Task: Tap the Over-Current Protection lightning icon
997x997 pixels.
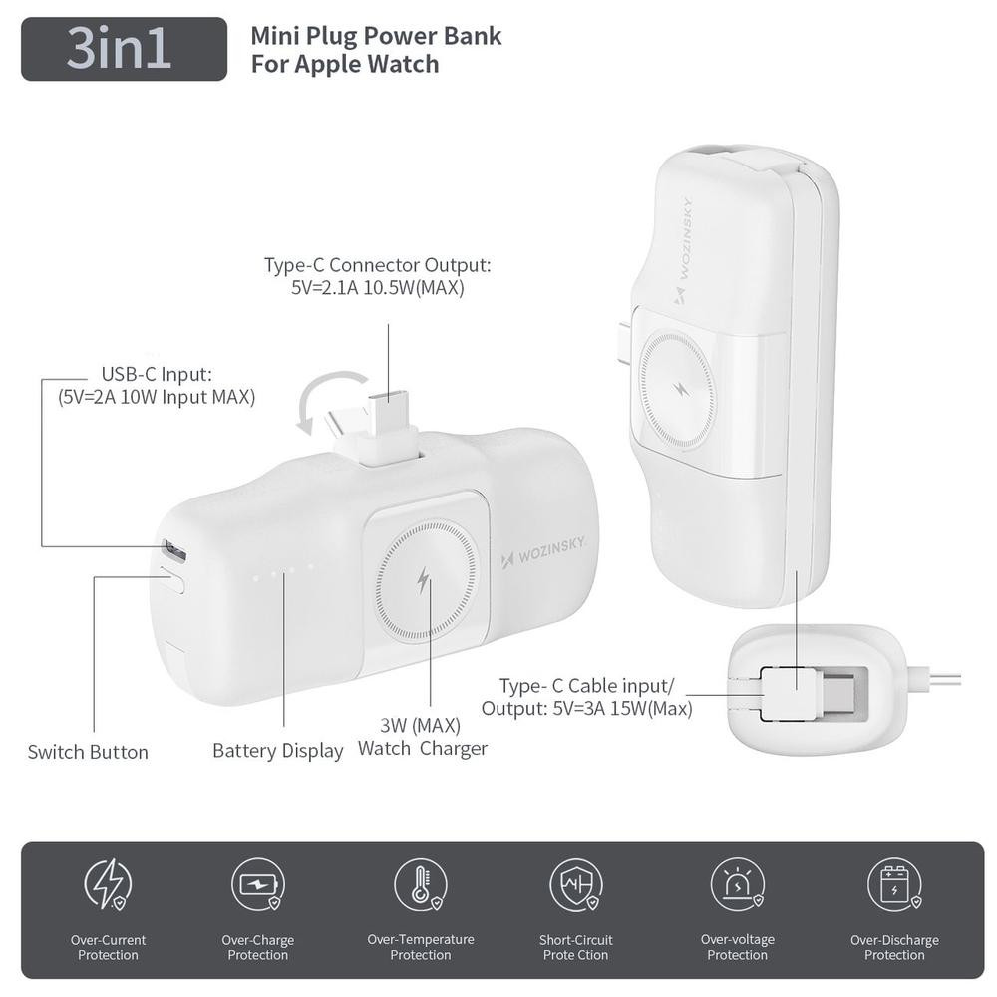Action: tap(108, 883)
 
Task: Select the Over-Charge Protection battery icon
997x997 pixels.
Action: tap(257, 883)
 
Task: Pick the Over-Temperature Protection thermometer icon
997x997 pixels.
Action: tap(421, 883)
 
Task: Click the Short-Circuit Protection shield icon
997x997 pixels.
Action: tap(576, 883)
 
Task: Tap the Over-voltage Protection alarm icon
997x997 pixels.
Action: tap(738, 883)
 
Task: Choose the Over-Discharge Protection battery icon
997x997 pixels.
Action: tap(895, 883)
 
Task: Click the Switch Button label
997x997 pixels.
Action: tap(88, 752)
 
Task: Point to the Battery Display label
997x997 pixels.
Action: tap(278, 751)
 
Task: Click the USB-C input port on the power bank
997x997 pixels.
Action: tap(172, 550)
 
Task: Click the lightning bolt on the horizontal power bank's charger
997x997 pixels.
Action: tap(423, 580)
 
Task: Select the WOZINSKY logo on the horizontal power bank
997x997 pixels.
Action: tap(542, 552)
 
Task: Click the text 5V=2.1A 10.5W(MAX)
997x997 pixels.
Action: tap(378, 288)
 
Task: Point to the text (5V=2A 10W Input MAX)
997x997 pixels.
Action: tap(157, 397)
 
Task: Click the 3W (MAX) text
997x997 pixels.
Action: tap(421, 725)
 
